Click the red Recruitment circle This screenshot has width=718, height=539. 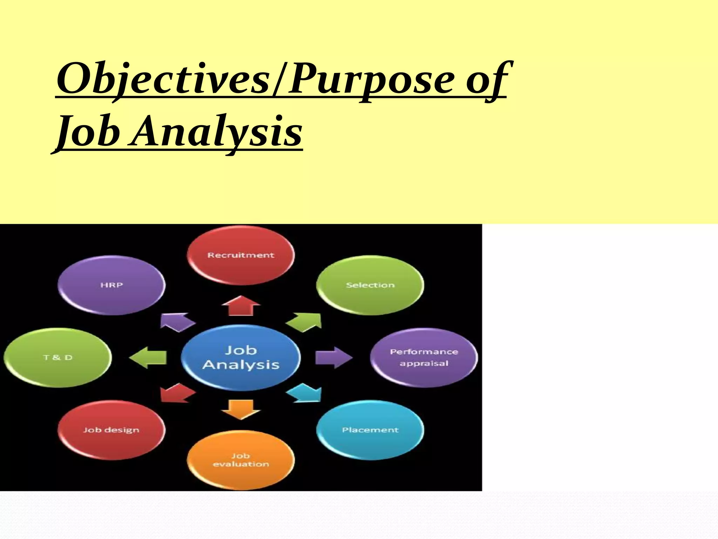[241, 255]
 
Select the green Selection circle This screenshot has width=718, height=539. [370, 285]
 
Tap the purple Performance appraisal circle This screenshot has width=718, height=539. [424, 357]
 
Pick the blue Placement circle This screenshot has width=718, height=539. [370, 430]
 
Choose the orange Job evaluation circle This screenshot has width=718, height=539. [241, 460]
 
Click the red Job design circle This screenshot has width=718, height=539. [111, 430]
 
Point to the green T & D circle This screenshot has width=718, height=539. [57, 357]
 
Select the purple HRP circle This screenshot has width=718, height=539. [111, 285]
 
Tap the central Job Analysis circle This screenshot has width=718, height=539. [241, 357]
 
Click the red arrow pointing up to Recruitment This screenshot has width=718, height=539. [241, 306]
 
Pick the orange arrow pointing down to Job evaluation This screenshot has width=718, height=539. [241, 409]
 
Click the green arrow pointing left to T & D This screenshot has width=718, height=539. [148, 357]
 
